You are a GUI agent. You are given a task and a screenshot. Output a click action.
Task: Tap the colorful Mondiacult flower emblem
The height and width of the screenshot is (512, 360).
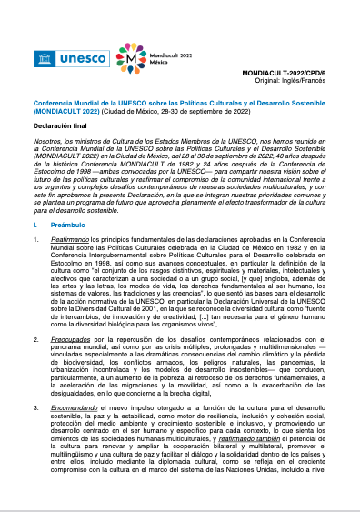click(x=133, y=56)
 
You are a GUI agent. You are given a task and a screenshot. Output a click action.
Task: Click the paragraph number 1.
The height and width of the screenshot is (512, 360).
click(x=35, y=239)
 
